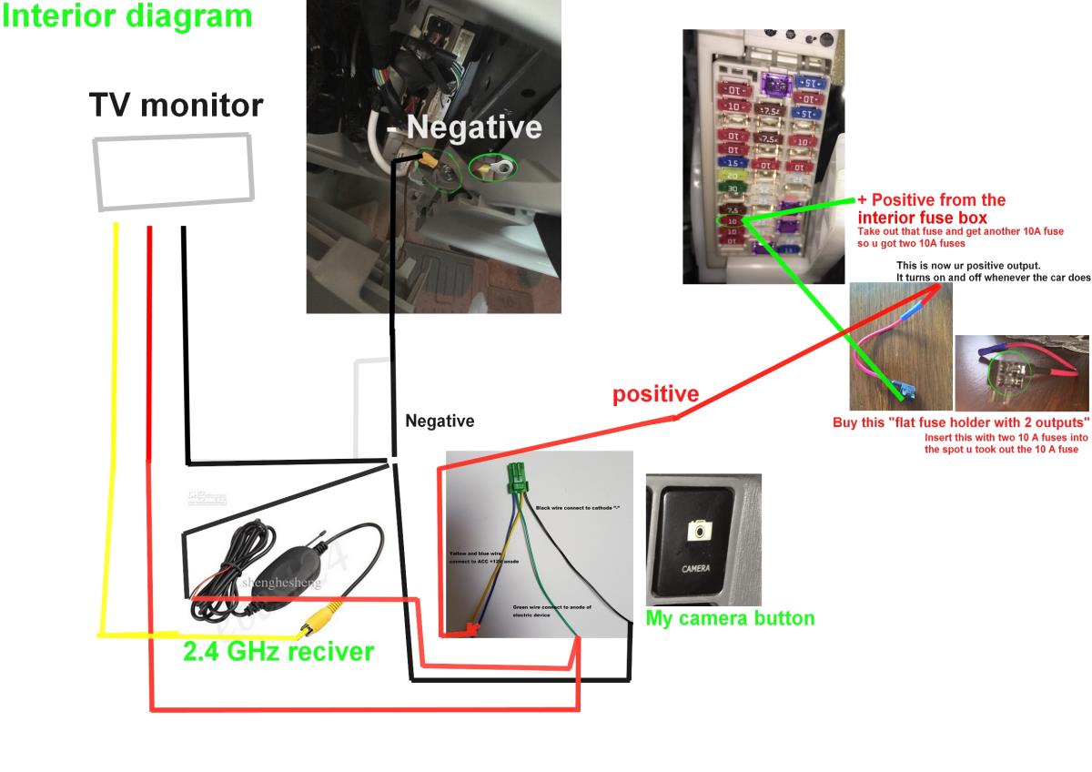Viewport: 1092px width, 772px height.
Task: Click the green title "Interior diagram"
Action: pos(126,15)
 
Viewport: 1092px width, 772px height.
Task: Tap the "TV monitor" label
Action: pos(176,106)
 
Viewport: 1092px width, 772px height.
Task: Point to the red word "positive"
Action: pos(655,394)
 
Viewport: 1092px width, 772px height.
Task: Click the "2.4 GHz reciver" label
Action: pos(278,651)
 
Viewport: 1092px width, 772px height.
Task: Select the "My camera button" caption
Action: pos(730,618)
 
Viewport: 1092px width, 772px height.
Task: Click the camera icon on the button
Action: pos(698,530)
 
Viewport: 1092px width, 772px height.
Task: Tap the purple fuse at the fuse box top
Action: pos(773,84)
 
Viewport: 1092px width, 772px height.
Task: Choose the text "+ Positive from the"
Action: pos(931,200)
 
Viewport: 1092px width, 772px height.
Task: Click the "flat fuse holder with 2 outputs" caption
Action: pos(961,423)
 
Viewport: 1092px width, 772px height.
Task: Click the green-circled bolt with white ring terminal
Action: pos(491,168)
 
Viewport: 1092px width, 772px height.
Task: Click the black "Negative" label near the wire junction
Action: pos(440,422)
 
